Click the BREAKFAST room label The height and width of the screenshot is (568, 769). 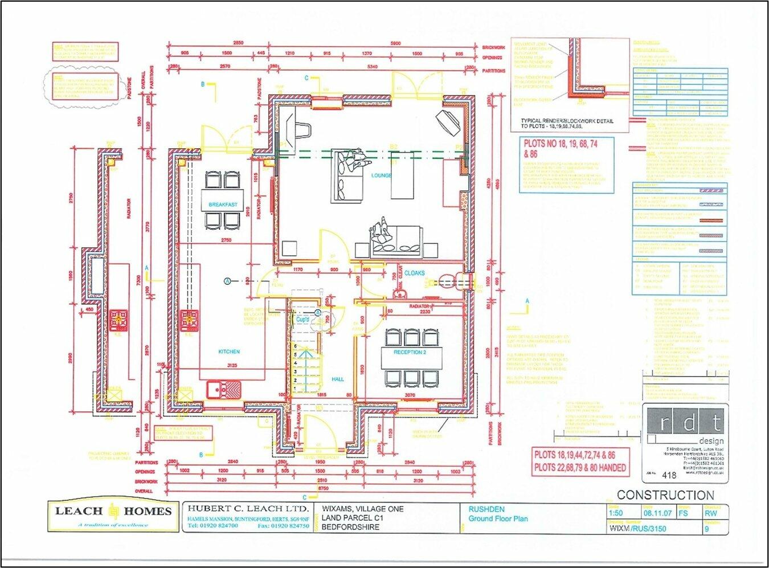[x=223, y=205]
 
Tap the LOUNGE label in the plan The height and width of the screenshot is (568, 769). [x=381, y=175]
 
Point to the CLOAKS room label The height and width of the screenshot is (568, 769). [x=414, y=273]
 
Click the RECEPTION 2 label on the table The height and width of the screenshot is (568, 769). [x=410, y=352]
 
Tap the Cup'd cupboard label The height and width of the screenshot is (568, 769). [x=302, y=320]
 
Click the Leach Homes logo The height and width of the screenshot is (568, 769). [x=113, y=514]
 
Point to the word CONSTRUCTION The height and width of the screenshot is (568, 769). [x=665, y=495]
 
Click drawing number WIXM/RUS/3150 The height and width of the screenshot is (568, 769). [x=637, y=529]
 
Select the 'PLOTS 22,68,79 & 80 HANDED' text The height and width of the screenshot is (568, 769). [x=579, y=468]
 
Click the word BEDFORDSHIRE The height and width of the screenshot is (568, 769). [x=350, y=527]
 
